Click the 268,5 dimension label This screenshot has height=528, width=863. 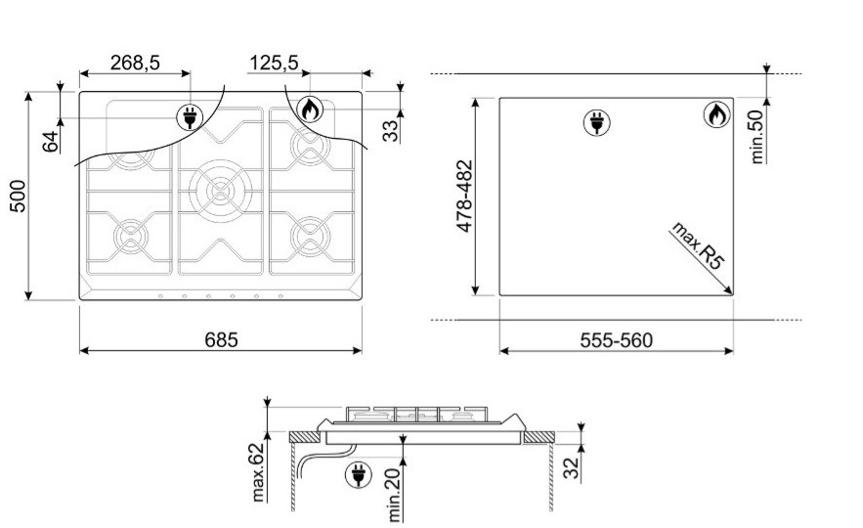pyautogui.click(x=135, y=63)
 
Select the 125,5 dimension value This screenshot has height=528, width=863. pyautogui.click(x=274, y=63)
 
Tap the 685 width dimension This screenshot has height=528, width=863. pyautogui.click(x=221, y=339)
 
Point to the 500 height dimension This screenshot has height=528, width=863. pyautogui.click(x=18, y=196)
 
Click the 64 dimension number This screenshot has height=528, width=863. pyautogui.click(x=50, y=142)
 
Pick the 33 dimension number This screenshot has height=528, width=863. pyautogui.click(x=390, y=131)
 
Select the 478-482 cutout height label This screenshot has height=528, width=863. pyautogui.click(x=464, y=196)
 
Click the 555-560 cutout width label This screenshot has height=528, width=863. pyautogui.click(x=617, y=340)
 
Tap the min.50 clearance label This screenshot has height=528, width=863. pyautogui.click(x=757, y=137)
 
